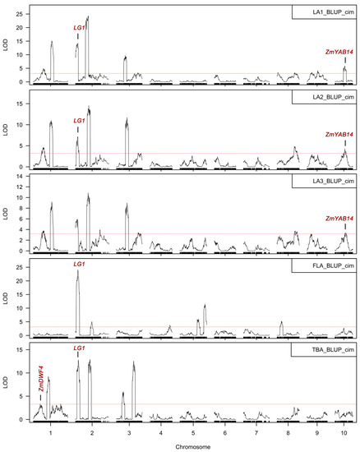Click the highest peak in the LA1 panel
point(88,16)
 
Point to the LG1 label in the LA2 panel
point(79,121)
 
